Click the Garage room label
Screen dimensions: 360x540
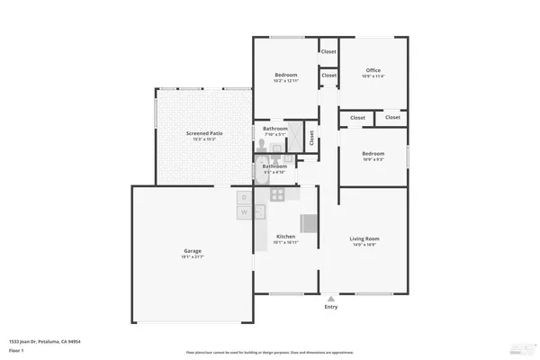pyautogui.click(x=193, y=250)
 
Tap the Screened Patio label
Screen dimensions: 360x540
pyautogui.click(x=204, y=133)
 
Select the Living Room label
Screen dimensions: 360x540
pyautogui.click(x=364, y=238)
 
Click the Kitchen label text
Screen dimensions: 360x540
pyautogui.click(x=285, y=237)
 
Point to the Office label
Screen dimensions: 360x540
pyautogui.click(x=373, y=70)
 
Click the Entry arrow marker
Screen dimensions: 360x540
pyautogui.click(x=330, y=298)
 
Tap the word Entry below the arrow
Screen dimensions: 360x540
pyautogui.click(x=330, y=307)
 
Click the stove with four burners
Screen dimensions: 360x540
pyautogui.click(x=277, y=194)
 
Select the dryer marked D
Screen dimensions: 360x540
pyautogui.click(x=243, y=197)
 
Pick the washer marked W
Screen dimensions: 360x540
pyautogui.click(x=243, y=212)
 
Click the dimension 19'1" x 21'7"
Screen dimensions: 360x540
pyautogui.click(x=193, y=256)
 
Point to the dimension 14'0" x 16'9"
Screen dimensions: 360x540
pyautogui.click(x=364, y=245)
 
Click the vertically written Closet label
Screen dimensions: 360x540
pyautogui.click(x=311, y=138)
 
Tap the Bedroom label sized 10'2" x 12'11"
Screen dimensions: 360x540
pyautogui.click(x=286, y=75)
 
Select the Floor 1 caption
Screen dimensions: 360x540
pyautogui.click(x=17, y=350)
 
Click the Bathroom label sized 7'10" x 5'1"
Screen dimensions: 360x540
pyautogui.click(x=274, y=129)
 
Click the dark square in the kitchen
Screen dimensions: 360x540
pyautogui.click(x=309, y=223)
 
